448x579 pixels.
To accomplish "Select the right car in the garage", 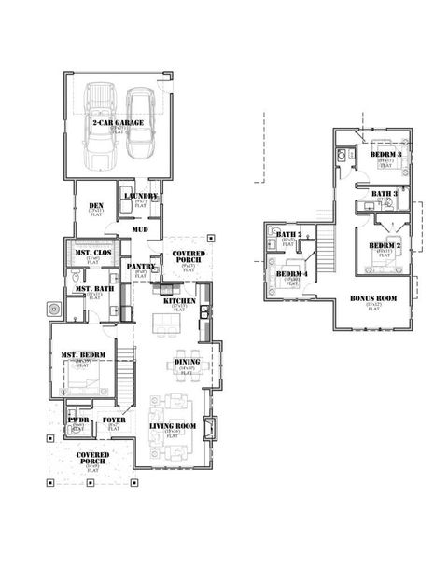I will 140,126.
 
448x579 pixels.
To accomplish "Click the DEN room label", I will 95,206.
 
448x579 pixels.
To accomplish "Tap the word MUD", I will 140,228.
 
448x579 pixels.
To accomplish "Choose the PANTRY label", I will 140,267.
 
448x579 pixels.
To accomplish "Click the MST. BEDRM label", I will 82,354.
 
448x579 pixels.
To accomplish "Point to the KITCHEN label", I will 178,301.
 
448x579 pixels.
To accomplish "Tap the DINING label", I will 187,362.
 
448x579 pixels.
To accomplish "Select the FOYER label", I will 114,420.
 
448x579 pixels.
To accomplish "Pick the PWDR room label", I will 77,420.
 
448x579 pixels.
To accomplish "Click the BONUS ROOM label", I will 373,299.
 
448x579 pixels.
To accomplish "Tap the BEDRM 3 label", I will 385,154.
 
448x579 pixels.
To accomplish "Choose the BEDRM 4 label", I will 292,273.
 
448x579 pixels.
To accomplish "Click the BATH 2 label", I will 288,235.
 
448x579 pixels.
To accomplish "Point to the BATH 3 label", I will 385,194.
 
